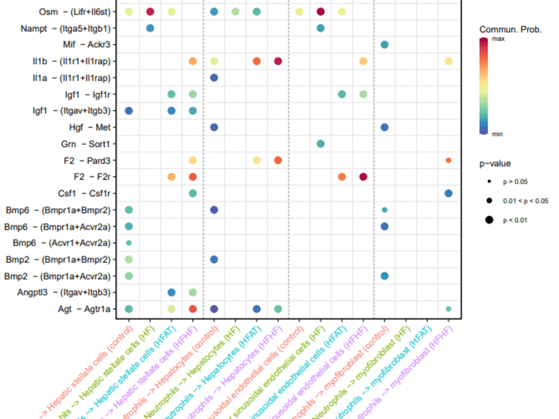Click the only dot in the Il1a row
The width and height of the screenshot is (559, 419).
tap(214, 78)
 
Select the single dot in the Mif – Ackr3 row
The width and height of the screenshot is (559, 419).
tap(385, 45)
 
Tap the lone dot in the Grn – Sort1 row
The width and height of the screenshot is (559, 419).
tap(320, 144)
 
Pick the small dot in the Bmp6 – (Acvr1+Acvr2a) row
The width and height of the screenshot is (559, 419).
tap(129, 243)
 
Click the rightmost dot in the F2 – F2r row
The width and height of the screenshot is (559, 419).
tap(363, 177)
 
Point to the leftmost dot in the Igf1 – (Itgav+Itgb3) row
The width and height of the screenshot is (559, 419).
tap(129, 111)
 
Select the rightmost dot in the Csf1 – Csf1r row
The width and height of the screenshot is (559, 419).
tap(448, 193)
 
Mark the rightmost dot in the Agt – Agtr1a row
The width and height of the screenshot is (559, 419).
tap(448, 309)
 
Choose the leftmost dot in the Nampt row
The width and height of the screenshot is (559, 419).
tap(150, 28)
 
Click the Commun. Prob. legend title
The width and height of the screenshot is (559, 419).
tap(510, 30)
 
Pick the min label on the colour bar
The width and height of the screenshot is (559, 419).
tap(498, 134)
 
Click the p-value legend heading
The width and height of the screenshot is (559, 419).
tap(495, 164)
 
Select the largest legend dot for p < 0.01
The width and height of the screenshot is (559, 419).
tap(489, 220)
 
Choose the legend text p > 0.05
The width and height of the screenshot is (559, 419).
tap(515, 182)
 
